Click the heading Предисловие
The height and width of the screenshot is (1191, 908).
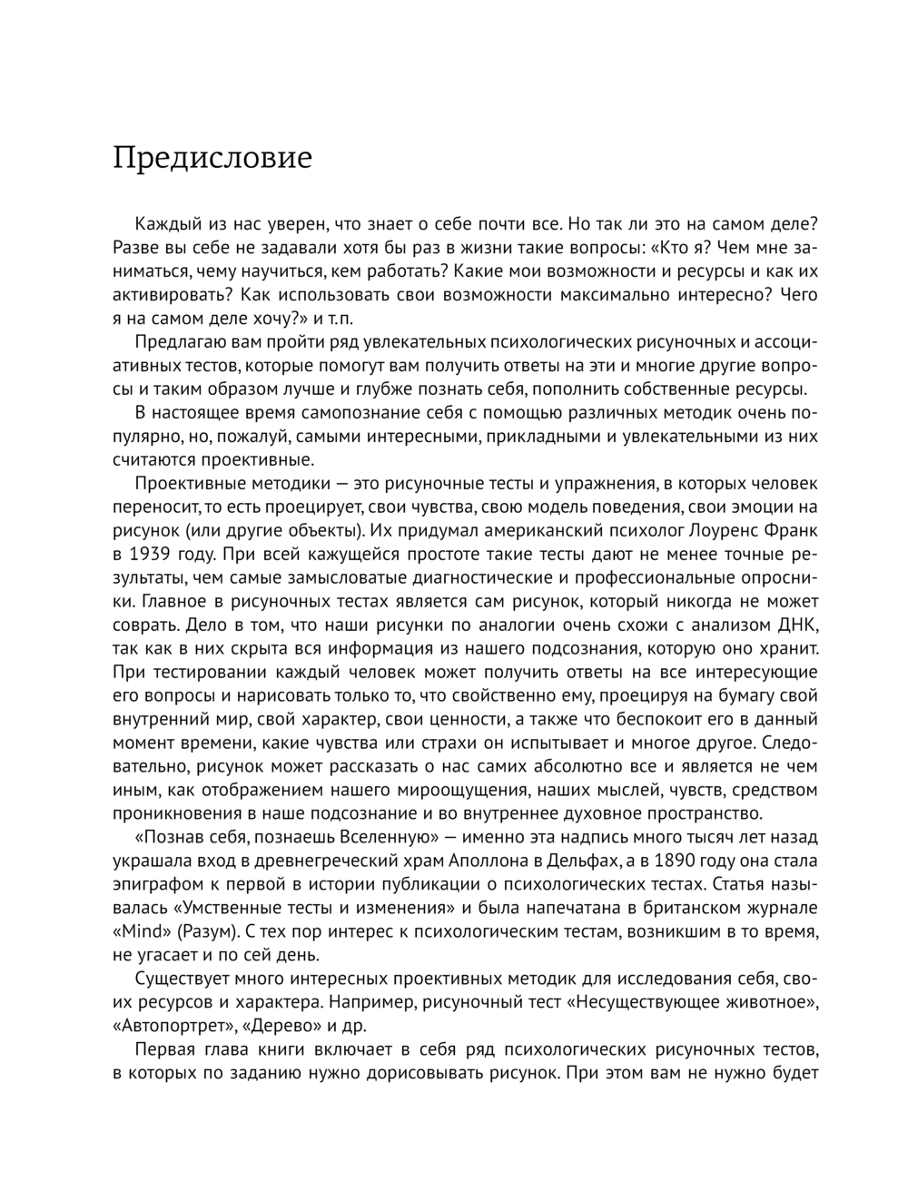click(212, 158)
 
